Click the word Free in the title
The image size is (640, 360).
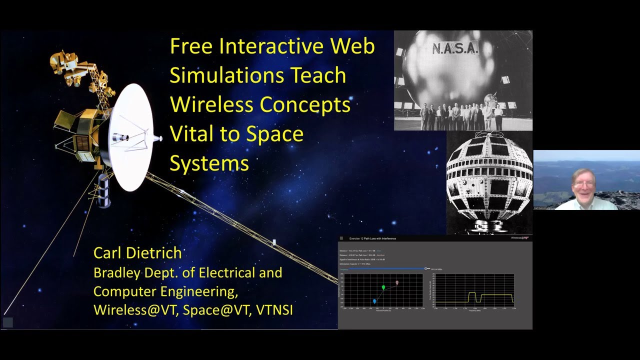[x=192, y=46]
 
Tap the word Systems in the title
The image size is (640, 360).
[x=209, y=163]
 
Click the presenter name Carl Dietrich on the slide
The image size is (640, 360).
[x=137, y=253]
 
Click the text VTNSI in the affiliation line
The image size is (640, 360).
[x=274, y=310]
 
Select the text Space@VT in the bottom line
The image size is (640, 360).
[x=216, y=310]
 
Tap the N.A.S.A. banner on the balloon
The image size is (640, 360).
[x=455, y=48]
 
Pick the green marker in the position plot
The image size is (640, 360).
[x=383, y=287]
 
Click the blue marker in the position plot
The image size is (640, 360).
[x=374, y=301]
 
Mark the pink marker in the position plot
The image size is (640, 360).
[x=397, y=282]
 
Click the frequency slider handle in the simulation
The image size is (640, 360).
[x=426, y=268]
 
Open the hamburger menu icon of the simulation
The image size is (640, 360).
[x=341, y=238]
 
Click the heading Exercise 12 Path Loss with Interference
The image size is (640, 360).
[x=372, y=238]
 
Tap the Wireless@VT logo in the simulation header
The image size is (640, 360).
[x=519, y=238]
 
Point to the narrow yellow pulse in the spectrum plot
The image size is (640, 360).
[x=471, y=297]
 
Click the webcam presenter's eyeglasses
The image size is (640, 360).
[x=583, y=184]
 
